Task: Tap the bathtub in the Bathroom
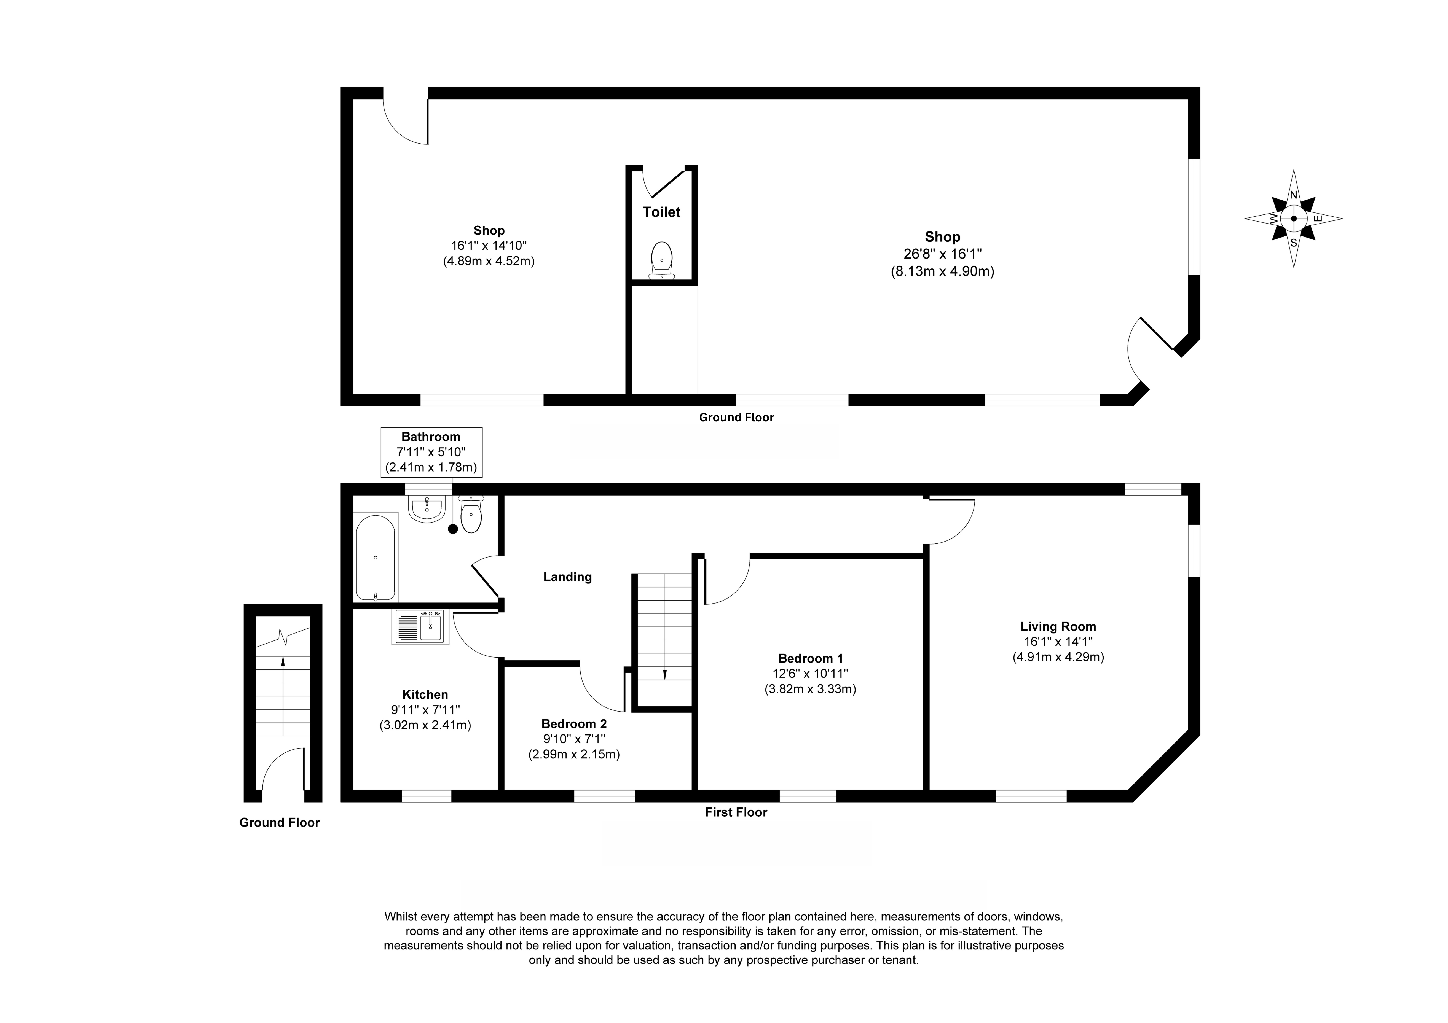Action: pos(376,557)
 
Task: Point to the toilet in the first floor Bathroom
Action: pos(471,514)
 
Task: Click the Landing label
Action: pos(568,577)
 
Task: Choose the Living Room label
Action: pos(1058,626)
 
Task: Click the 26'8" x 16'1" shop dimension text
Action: pos(942,254)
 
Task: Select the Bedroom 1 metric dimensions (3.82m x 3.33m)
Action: pos(810,689)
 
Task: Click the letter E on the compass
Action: pos(1317,219)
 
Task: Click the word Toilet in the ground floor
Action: pos(662,212)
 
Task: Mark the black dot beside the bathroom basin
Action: pos(453,529)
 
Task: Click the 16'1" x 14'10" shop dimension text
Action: pos(489,245)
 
